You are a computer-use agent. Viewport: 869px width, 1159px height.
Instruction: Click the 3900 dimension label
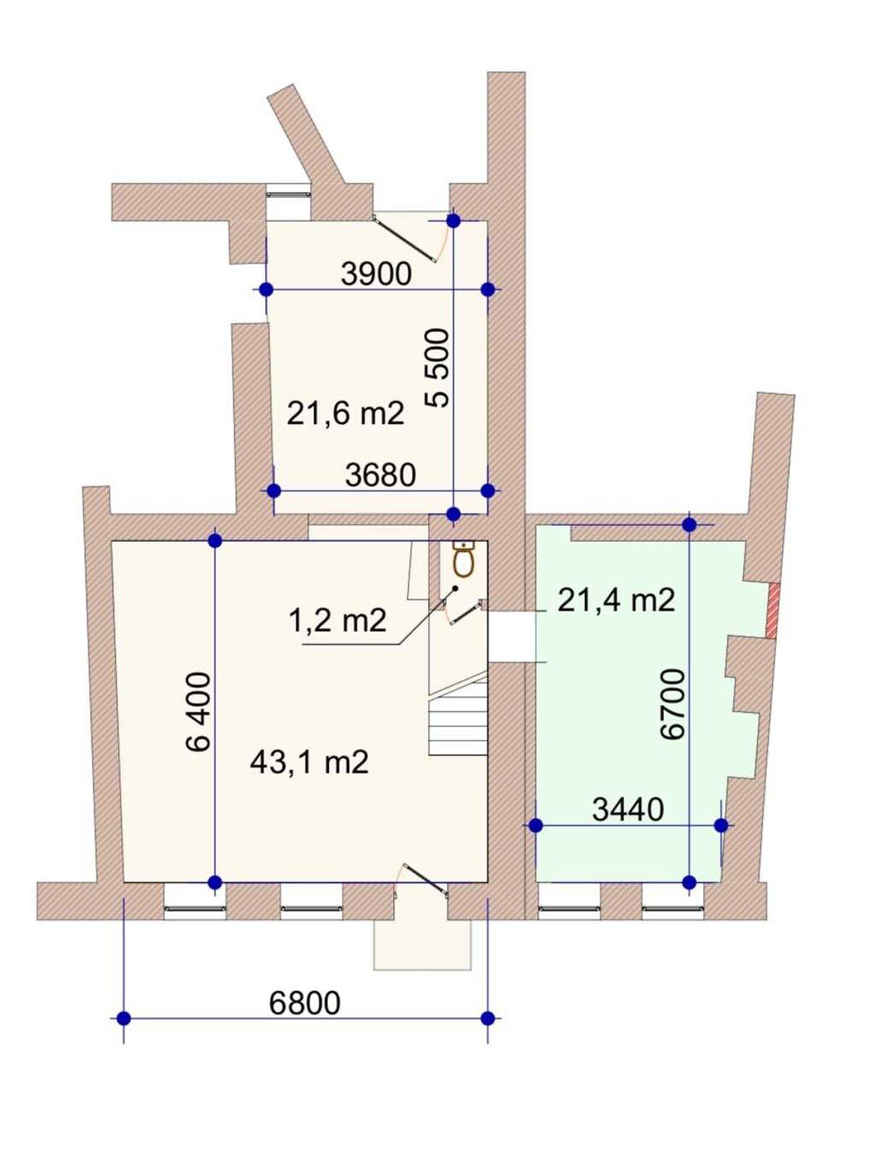point(376,274)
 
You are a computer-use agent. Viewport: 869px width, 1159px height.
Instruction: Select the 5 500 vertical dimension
point(437,368)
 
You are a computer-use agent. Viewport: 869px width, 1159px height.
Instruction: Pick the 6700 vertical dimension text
point(673,704)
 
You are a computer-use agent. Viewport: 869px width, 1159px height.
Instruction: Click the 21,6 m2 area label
point(345,414)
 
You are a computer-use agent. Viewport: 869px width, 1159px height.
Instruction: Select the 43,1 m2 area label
point(309,763)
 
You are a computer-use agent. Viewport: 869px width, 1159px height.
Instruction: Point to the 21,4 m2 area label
point(616,601)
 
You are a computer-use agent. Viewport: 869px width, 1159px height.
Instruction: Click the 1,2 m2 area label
point(337,620)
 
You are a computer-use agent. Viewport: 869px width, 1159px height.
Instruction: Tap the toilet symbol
point(463,559)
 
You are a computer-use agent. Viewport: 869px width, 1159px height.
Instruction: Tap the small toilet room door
point(466,611)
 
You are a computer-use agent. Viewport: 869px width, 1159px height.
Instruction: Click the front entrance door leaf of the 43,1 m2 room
point(426,879)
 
